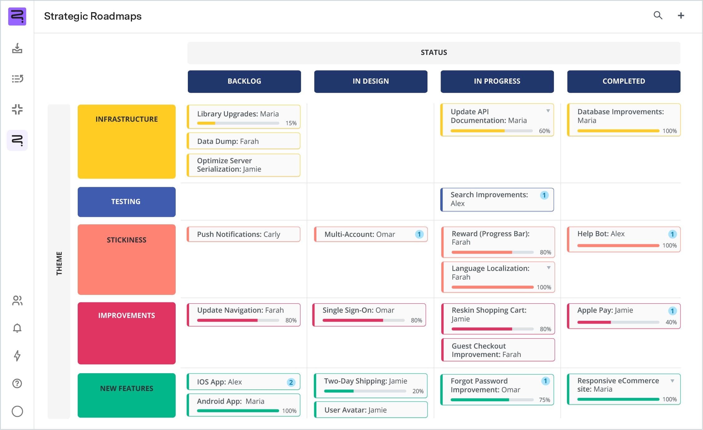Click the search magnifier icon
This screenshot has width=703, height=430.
658,15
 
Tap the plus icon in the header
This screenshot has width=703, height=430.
681,16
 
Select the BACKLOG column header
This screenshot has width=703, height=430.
244,81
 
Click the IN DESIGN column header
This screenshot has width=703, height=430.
370,81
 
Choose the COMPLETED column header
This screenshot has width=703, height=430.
623,81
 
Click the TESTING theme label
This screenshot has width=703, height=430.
126,202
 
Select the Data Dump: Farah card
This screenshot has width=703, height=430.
243,141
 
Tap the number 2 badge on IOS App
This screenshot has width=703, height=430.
291,382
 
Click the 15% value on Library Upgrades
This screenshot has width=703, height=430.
291,123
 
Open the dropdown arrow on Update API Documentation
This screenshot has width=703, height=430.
548,111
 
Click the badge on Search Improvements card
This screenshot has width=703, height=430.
544,195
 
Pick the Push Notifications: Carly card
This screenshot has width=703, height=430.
243,234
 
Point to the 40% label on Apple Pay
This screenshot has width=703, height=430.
671,322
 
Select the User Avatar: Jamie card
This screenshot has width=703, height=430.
370,410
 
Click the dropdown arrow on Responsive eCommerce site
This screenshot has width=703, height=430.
672,381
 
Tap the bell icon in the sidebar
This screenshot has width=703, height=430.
17,328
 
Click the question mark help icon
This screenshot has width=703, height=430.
17,384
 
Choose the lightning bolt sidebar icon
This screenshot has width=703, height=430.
17,356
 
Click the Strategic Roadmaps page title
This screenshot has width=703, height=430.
93,16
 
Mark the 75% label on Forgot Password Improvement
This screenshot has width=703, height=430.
544,400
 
